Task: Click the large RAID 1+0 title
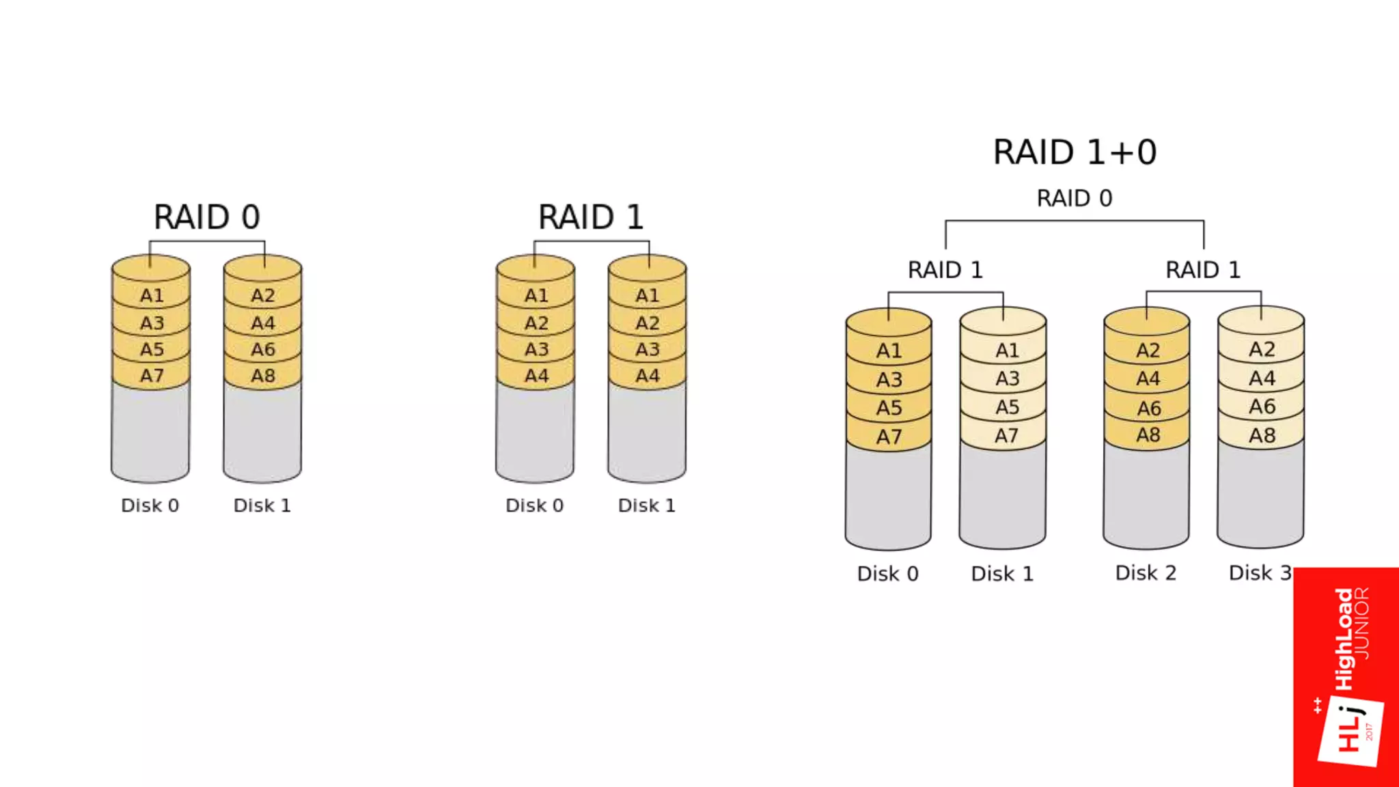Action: click(x=1075, y=152)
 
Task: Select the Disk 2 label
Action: click(x=1146, y=572)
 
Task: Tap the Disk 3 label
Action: click(x=1260, y=572)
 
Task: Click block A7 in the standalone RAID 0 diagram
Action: click(x=152, y=375)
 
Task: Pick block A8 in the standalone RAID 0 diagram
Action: click(x=263, y=375)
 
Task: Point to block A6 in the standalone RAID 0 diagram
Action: click(x=263, y=349)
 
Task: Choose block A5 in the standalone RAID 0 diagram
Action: click(x=152, y=349)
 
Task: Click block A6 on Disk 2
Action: click(x=1148, y=408)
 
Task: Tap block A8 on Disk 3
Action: click(x=1262, y=435)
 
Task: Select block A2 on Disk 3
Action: click(x=1262, y=350)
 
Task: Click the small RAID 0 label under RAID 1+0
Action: click(x=1075, y=198)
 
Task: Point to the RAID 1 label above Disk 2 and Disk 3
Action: click(x=1203, y=270)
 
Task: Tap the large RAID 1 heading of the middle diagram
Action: click(x=591, y=217)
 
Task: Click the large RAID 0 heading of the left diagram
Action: click(x=206, y=217)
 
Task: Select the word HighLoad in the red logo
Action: click(x=1344, y=638)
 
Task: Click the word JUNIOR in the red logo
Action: click(x=1362, y=622)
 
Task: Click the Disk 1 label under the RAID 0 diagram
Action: click(x=262, y=506)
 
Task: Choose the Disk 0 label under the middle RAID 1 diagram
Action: click(x=534, y=506)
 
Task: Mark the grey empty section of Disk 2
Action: click(x=1146, y=495)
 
